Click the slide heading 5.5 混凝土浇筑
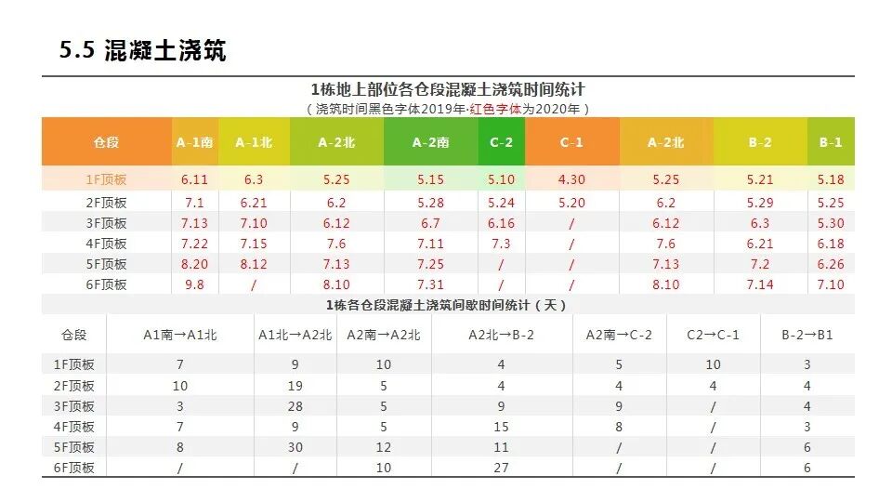(x=142, y=51)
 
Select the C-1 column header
(x=571, y=142)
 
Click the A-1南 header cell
(x=195, y=142)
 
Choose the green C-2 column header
(x=502, y=142)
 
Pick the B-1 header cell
(x=831, y=142)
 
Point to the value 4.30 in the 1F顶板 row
(x=571, y=180)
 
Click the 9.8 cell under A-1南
(x=195, y=284)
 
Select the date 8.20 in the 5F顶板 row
(x=195, y=264)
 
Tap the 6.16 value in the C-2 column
(x=502, y=223)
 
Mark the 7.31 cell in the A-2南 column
(x=431, y=284)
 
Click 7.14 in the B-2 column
(x=760, y=284)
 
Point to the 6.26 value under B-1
(x=831, y=264)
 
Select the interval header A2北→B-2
(x=502, y=335)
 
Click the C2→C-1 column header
(x=713, y=335)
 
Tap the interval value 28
(x=295, y=406)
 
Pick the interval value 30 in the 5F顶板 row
(x=295, y=447)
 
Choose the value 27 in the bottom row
(x=502, y=468)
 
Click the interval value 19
(x=295, y=386)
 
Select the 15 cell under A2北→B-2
(x=502, y=427)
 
